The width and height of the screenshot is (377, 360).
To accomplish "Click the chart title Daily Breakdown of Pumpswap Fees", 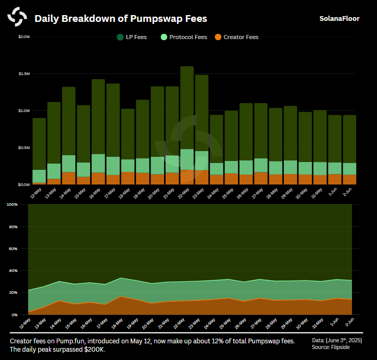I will click(x=120, y=19).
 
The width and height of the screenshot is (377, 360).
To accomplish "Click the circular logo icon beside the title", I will click(x=17, y=17).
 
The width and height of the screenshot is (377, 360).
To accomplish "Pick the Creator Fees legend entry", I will click(x=236, y=37).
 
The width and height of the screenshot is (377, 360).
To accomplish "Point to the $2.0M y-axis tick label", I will click(x=24, y=37).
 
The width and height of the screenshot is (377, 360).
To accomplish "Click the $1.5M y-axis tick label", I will click(x=24, y=74).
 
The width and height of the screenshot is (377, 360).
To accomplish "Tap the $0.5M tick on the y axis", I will click(x=24, y=148).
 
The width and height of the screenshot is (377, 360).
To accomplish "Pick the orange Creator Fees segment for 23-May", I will click(x=202, y=177).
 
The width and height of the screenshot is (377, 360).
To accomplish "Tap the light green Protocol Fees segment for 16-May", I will click(x=98, y=163).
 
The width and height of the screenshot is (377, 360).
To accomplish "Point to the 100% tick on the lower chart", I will click(x=12, y=205).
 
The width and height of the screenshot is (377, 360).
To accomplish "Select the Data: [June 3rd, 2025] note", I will click(x=337, y=340).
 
